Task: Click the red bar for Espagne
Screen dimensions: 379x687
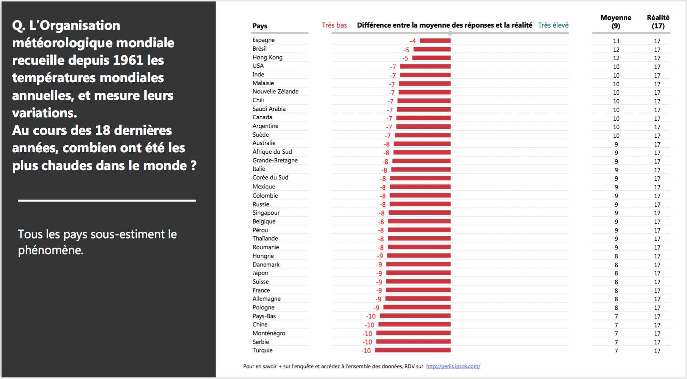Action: click(x=435, y=41)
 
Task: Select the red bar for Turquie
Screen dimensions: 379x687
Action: click(x=413, y=350)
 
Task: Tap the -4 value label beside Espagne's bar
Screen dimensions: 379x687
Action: click(x=412, y=41)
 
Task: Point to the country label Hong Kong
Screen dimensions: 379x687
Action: click(x=267, y=57)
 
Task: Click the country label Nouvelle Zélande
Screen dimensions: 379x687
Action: click(x=275, y=91)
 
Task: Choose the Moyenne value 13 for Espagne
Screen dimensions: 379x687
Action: click(x=616, y=41)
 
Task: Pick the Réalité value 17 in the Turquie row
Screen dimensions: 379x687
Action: click(x=657, y=351)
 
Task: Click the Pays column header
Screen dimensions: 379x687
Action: click(x=260, y=26)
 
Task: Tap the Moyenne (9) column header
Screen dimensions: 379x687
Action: click(x=616, y=22)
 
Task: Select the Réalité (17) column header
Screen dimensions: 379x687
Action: click(x=658, y=22)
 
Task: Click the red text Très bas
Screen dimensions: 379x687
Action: click(x=334, y=25)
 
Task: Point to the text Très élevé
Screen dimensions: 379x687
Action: click(x=553, y=25)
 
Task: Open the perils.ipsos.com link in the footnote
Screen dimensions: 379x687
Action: click(x=453, y=366)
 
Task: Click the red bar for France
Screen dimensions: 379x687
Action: click(x=418, y=290)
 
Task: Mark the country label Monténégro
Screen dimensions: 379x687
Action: click(x=269, y=333)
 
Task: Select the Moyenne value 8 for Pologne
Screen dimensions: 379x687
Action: click(x=616, y=308)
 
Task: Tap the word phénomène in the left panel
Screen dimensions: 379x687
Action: click(x=50, y=250)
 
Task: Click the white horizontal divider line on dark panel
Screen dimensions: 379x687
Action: click(x=107, y=200)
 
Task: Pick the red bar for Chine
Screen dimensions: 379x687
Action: click(x=415, y=324)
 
